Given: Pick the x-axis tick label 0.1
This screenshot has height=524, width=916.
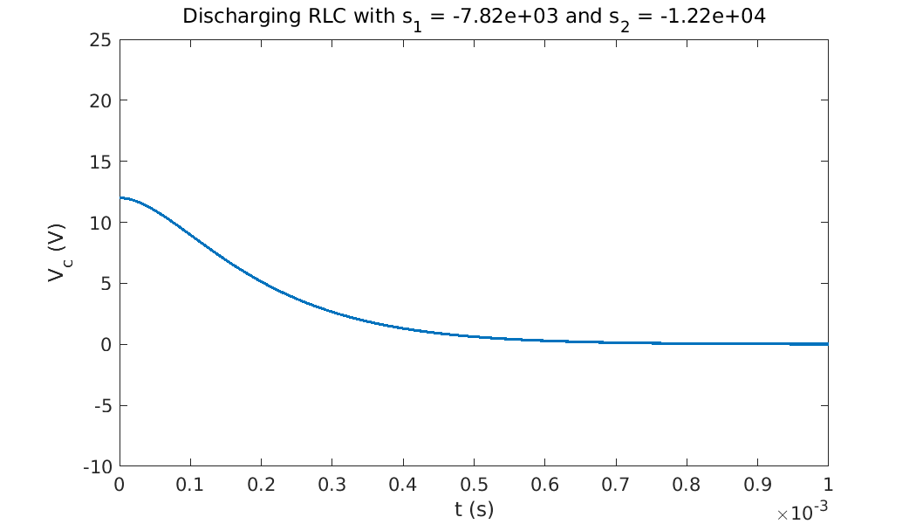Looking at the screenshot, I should point(190,484).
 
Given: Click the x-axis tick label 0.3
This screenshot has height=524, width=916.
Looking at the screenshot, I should point(332,484).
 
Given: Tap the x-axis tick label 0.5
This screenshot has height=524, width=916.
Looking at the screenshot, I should point(474,484).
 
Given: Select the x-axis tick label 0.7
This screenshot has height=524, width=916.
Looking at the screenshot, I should point(615,484).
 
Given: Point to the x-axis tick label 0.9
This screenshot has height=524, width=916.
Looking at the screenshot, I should point(756,484).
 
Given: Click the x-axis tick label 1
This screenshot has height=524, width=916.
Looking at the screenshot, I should point(827,484).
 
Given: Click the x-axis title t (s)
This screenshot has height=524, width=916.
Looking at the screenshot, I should point(474,507).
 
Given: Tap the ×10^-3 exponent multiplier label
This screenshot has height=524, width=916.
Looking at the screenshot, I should point(802,514).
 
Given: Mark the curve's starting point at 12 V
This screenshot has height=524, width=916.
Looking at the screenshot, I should point(120,198).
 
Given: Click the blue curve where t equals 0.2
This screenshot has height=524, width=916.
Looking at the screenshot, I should point(261,280).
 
